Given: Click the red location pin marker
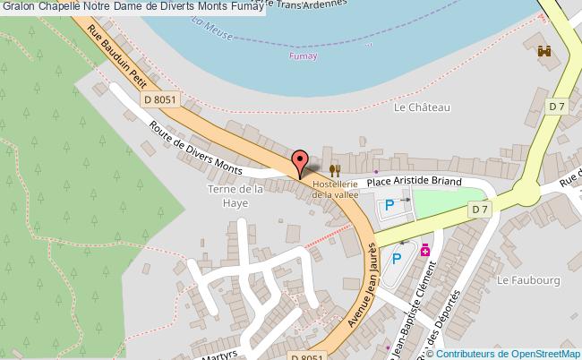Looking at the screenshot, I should pyautogui.click(x=300, y=162).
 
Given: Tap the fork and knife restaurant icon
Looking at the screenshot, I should pyautogui.click(x=335, y=169).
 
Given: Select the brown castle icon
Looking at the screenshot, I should pyautogui.click(x=543, y=54).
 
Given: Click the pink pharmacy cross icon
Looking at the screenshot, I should pyautogui.click(x=425, y=252).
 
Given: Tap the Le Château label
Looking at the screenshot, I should pyautogui.click(x=422, y=107).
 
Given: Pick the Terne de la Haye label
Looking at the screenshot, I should pyautogui.click(x=234, y=195).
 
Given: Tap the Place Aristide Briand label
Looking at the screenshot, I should pyautogui.click(x=415, y=181).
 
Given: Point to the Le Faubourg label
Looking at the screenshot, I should pyautogui.click(x=528, y=281).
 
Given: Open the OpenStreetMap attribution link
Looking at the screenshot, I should pyautogui.click(x=541, y=353).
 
